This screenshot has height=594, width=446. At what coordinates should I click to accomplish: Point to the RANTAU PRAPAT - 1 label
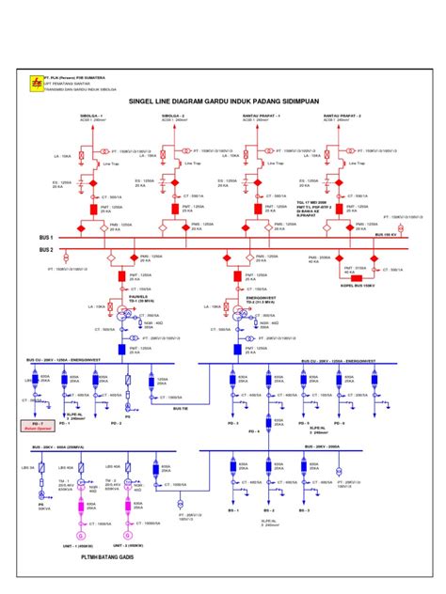259,117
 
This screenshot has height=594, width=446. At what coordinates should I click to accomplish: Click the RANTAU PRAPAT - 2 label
342,117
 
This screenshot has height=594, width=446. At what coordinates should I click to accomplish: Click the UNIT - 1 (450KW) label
80,544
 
